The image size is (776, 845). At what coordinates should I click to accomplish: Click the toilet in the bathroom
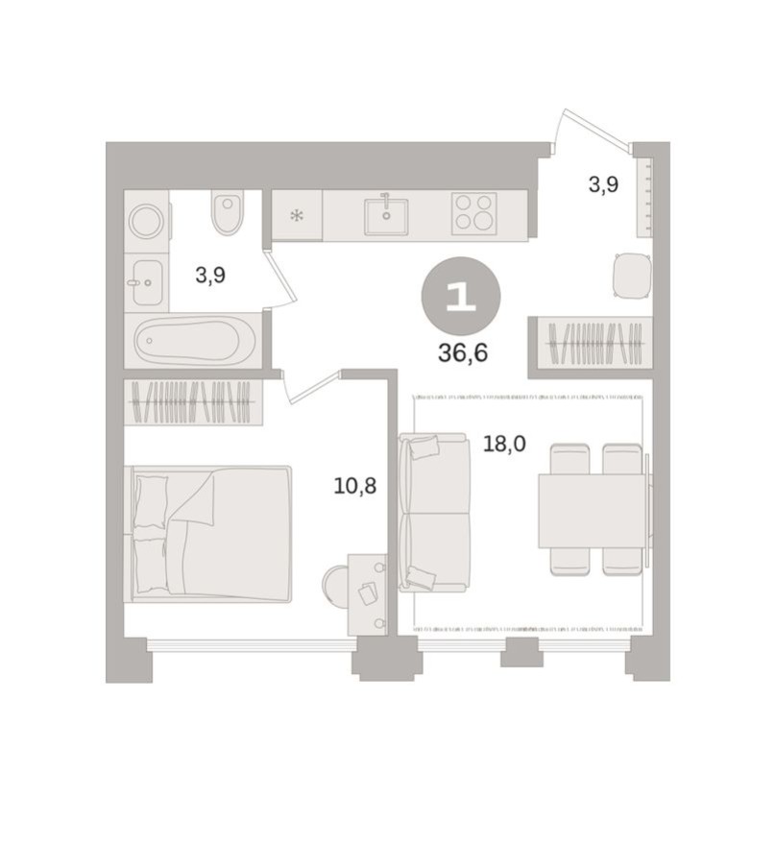(x=228, y=214)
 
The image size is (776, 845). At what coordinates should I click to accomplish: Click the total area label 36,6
(x=463, y=352)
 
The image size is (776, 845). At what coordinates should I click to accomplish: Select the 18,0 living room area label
(x=502, y=445)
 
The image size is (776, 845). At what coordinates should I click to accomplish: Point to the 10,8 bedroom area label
(x=354, y=486)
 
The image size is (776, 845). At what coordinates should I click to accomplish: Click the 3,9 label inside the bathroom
(x=210, y=276)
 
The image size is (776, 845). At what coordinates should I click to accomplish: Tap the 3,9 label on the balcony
(x=602, y=184)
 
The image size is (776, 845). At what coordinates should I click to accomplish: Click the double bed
(x=211, y=534)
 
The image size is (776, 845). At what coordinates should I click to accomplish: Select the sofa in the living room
(x=434, y=512)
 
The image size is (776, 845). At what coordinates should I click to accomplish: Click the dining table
(x=591, y=511)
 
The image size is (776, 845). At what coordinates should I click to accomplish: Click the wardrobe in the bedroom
(x=193, y=402)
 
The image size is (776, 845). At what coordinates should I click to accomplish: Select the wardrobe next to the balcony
(x=589, y=341)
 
